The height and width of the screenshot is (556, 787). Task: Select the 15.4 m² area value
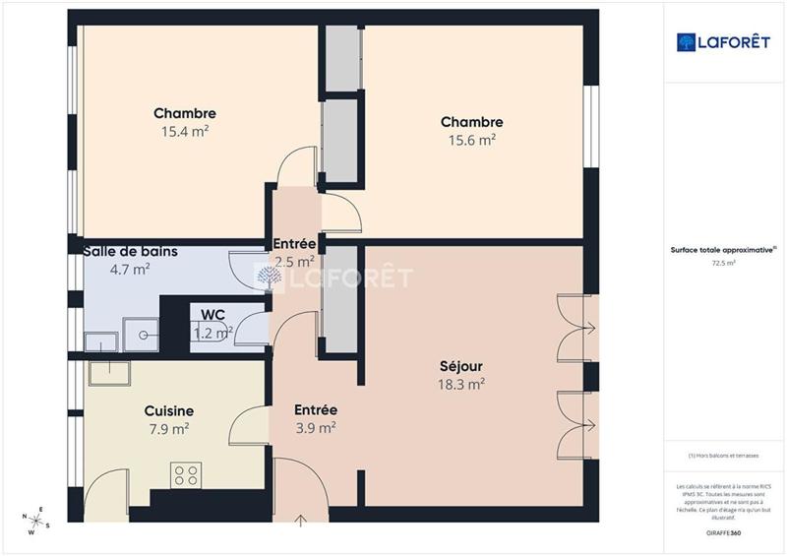click(x=184, y=131)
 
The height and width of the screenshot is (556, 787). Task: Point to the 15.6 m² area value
click(x=471, y=140)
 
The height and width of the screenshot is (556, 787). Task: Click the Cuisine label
click(x=168, y=410)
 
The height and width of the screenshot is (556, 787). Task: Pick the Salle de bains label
click(x=130, y=251)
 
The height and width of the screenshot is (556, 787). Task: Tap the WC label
click(x=213, y=315)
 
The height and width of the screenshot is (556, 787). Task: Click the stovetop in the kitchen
click(x=185, y=475)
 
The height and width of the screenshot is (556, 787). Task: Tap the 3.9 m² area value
click(x=316, y=427)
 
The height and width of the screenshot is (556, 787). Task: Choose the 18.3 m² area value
click(x=461, y=385)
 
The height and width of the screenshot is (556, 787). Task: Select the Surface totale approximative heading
click(x=723, y=251)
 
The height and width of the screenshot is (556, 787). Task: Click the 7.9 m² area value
click(x=168, y=428)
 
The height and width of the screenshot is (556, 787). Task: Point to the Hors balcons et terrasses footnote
click(x=723, y=456)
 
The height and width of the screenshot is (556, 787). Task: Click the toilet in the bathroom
click(x=146, y=335)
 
